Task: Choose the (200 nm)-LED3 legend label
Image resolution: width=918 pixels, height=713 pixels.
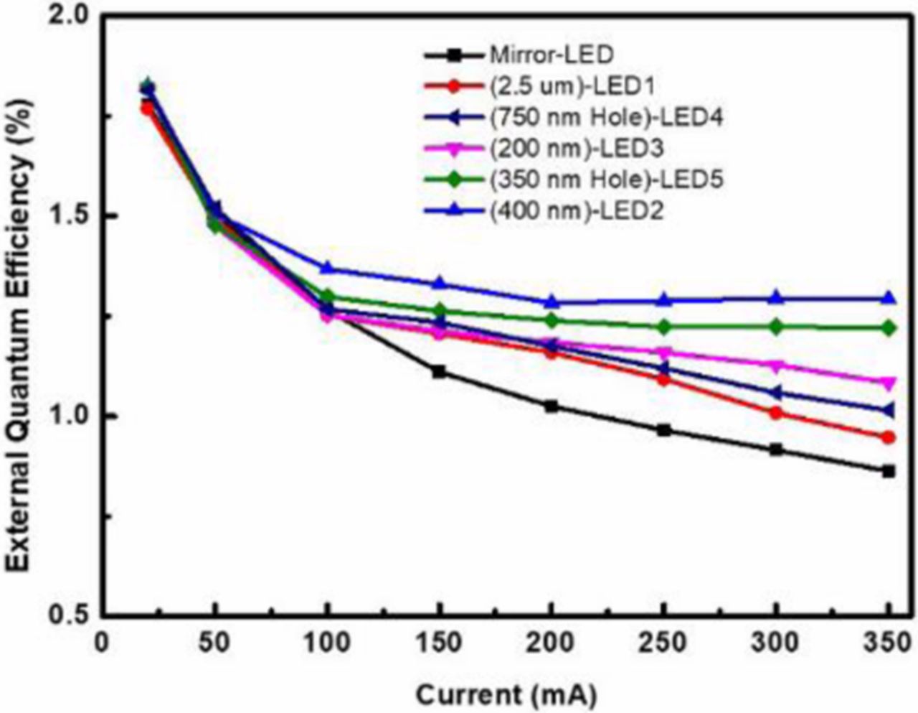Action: coord(577,148)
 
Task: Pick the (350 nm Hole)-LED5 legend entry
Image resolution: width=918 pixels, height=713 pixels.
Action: coord(606,179)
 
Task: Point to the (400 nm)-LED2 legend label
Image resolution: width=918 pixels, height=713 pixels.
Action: coord(577,210)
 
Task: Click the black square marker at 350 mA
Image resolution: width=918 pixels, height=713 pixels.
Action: coord(889,471)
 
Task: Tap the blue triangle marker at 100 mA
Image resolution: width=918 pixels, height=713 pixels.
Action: coord(327,268)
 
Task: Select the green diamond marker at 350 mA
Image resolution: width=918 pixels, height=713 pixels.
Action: coord(889,328)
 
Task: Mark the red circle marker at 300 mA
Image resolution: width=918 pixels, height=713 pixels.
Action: coord(776,413)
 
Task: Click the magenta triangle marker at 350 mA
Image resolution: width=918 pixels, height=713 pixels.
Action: coord(889,383)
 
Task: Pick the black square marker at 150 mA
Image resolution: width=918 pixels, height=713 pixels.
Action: coord(439,371)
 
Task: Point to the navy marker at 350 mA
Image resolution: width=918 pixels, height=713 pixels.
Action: coord(889,411)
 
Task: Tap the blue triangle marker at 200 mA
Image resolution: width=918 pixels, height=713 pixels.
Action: coord(552,302)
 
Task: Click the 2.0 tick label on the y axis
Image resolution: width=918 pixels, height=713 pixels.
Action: coord(65,16)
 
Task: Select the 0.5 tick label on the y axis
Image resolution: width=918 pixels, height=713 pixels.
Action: coord(65,615)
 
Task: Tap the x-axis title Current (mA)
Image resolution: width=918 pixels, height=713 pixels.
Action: coord(506,694)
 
